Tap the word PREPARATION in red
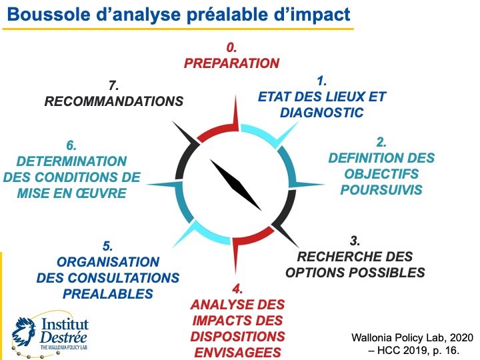click(231, 63)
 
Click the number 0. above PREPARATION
click(231, 48)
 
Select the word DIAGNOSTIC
click(322, 112)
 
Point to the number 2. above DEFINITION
click(381, 142)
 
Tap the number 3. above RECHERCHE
click(355, 241)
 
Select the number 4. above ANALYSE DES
click(237, 289)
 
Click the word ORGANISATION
click(108, 262)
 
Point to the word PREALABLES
click(108, 293)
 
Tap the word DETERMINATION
click(71, 161)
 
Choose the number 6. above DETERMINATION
click(71, 145)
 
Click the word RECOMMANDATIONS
click(113, 101)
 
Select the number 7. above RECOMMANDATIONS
click(113, 86)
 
